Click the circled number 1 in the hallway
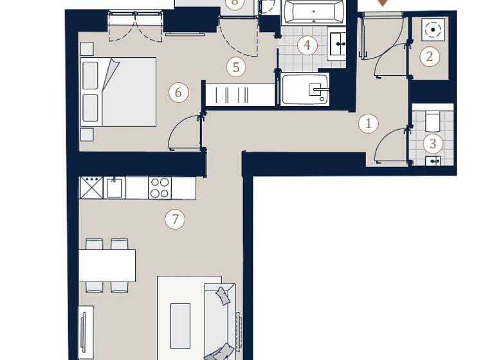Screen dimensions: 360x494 pos(368,123)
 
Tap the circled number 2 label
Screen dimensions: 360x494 pos(430,57)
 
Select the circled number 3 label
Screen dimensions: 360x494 pos(433,144)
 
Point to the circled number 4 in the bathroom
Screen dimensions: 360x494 pos(307,45)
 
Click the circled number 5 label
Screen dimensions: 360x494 pos(236,67)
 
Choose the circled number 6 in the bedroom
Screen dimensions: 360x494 pos(178,93)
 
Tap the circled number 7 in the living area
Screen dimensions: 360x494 pos(174,219)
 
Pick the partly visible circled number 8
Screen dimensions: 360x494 pos(235,3)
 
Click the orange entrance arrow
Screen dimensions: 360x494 pos(383,3)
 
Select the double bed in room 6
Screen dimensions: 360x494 pos(119,91)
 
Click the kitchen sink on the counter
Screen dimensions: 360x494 pos(114,188)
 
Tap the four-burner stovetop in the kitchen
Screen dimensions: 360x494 pos(160,188)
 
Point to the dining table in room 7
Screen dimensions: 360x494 pos(107,265)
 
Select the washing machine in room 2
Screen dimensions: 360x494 pos(433,29)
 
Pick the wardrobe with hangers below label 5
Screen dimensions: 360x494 pos(240,94)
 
